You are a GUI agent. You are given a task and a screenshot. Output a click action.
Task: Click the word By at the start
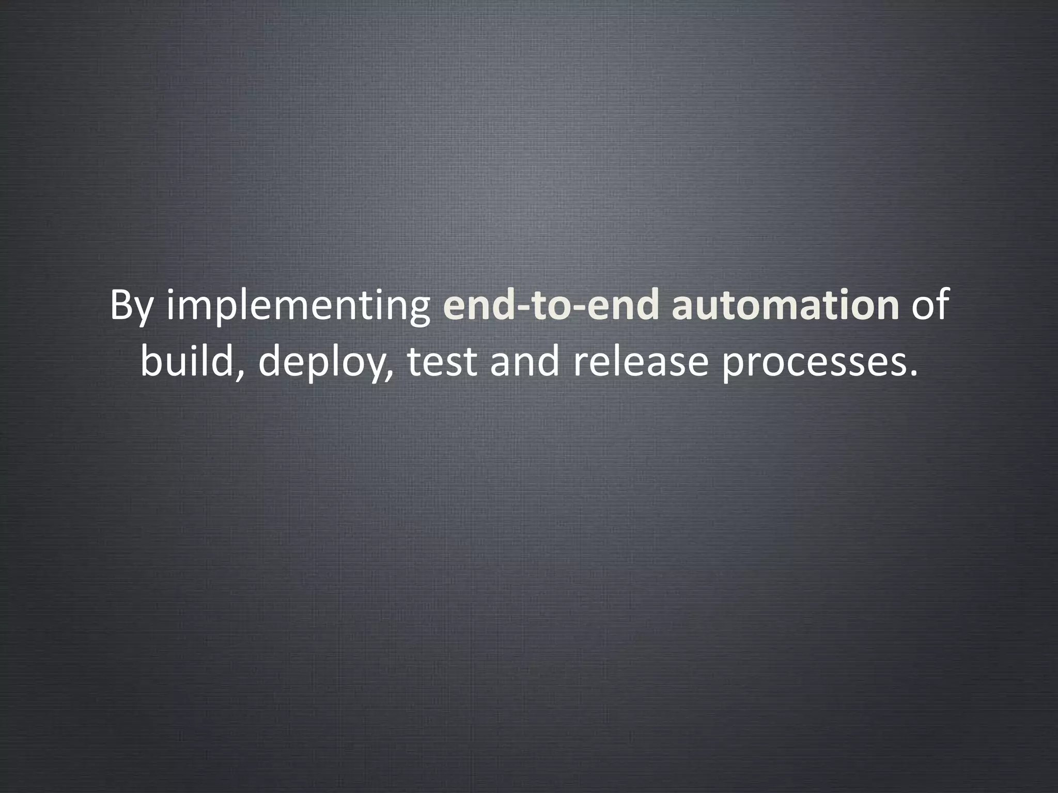click(x=132, y=307)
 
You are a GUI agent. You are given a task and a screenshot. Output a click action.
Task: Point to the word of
click(x=930, y=306)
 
